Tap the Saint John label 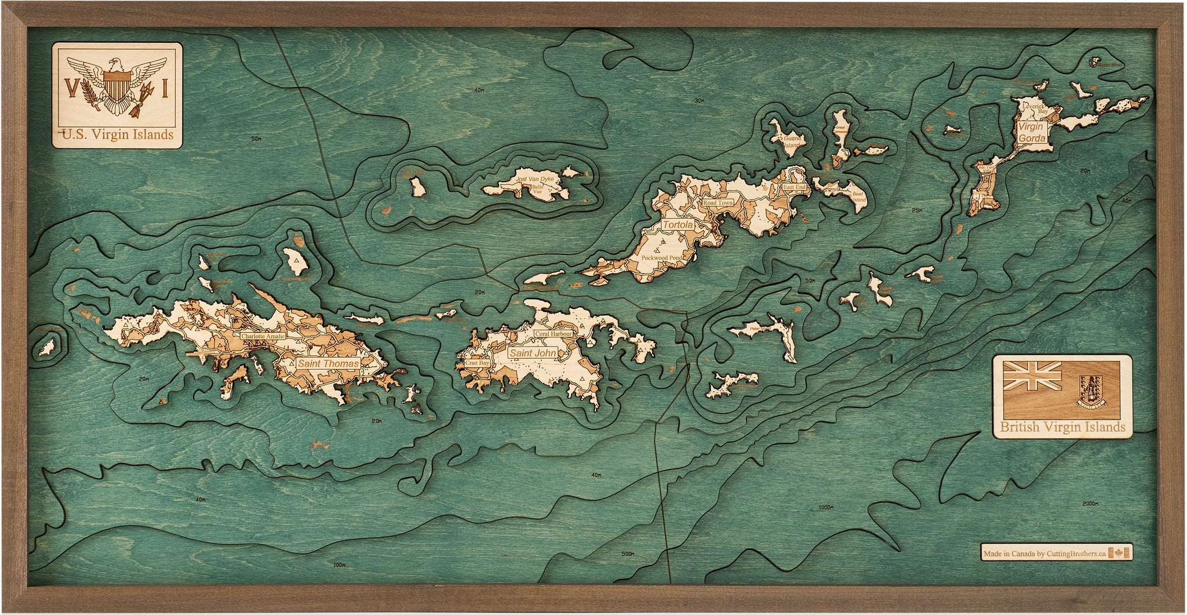pyautogui.click(x=533, y=352)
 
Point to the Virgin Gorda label pyautogui.click(x=1032, y=132)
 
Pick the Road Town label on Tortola pyautogui.click(x=718, y=203)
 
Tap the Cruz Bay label pyautogui.click(x=477, y=363)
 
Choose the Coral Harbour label pyautogui.click(x=553, y=334)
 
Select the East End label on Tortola pyautogui.click(x=793, y=187)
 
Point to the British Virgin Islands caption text pyautogui.click(x=1062, y=427)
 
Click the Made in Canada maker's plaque pyautogui.click(x=1056, y=554)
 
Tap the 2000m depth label pyautogui.click(x=1090, y=504)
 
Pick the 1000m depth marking pyautogui.click(x=825, y=508)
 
